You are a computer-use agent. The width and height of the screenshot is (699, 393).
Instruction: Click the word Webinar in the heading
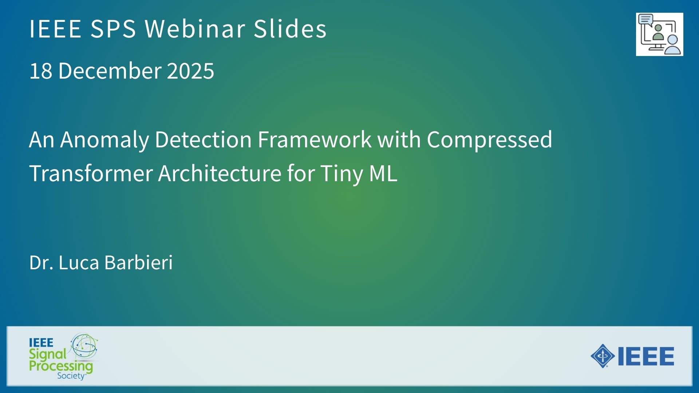[x=195, y=28]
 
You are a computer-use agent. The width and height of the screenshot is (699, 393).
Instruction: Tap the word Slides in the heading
[x=290, y=28]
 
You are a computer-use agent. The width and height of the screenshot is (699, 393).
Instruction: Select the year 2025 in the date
[x=190, y=71]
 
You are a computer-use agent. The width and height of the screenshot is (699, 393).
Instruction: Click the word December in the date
[x=110, y=71]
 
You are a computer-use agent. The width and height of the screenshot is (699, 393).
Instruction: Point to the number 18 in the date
[x=41, y=71]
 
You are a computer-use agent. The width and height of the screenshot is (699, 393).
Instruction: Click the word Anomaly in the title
[x=104, y=140]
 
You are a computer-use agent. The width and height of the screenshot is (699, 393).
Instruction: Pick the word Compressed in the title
[x=489, y=140]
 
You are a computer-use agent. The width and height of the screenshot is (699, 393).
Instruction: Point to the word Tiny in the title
[x=341, y=174]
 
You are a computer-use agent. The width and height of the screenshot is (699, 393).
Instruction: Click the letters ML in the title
[x=383, y=173]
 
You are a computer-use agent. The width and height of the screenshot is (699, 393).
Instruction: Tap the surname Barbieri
[x=138, y=262]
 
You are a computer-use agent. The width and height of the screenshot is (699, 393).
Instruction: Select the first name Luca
[x=79, y=262]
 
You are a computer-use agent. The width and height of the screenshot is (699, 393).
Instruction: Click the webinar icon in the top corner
[x=659, y=35]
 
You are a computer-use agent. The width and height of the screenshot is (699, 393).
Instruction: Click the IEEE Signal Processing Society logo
[x=63, y=356]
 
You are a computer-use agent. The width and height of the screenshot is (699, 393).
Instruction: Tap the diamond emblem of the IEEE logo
[x=603, y=356]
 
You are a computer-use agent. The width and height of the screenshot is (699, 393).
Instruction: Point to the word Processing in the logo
[x=61, y=366]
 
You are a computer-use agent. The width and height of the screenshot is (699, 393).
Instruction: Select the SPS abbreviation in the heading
[x=113, y=28]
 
